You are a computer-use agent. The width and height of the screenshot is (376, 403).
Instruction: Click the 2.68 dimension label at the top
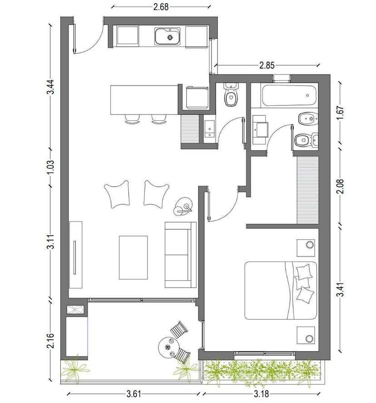tap(161, 7)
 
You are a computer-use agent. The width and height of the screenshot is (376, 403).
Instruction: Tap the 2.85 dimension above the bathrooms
tap(267, 65)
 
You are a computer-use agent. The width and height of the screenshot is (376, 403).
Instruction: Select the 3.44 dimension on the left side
tap(50, 87)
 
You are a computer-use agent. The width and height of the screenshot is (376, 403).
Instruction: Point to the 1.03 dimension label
tap(50, 167)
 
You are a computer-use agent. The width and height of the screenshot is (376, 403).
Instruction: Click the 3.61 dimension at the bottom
tap(134, 394)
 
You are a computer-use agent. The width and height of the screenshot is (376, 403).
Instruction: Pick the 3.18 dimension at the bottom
tap(261, 394)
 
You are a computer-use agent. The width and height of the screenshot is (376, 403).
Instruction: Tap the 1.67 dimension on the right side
tap(340, 113)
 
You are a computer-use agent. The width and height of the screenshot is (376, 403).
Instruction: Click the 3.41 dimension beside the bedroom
tap(340, 289)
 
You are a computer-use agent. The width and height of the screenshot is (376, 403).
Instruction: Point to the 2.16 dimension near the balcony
tap(50, 341)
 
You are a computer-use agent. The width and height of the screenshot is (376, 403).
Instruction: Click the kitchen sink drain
tap(170, 38)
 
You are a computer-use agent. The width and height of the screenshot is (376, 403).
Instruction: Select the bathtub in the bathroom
tap(289, 96)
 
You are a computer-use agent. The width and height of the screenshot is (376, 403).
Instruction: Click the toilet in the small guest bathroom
tap(231, 95)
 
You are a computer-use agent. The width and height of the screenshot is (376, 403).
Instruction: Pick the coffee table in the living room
tap(133, 257)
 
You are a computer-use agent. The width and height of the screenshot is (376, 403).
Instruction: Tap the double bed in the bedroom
tap(281, 291)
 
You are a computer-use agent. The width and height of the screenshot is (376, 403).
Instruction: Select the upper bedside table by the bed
tap(306, 248)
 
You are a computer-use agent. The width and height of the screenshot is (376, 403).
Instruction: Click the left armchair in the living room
tap(117, 194)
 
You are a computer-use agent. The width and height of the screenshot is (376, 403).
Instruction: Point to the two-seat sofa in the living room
tap(180, 255)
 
